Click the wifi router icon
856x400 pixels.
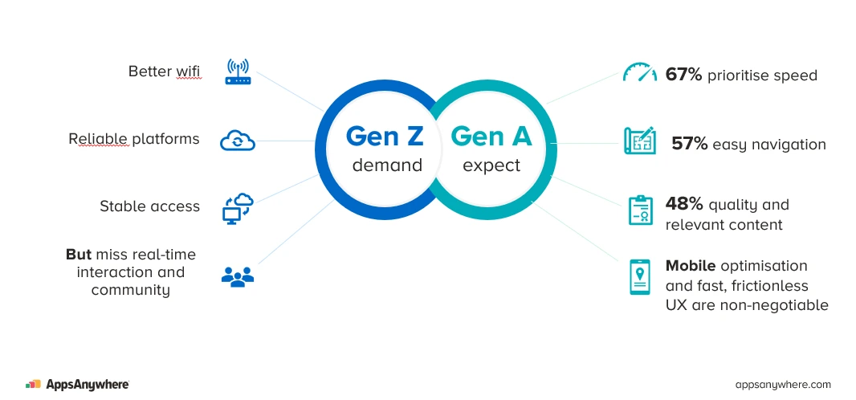238,72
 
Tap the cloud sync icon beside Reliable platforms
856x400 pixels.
238,141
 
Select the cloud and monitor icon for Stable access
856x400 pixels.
238,208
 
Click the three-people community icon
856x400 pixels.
237,277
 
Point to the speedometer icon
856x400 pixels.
640,73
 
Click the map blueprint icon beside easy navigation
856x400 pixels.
640,141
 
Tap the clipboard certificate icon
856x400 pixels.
640,210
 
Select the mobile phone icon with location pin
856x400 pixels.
640,277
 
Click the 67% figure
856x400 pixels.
683,76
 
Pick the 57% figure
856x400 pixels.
690,145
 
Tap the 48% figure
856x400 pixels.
683,204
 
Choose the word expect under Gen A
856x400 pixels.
491,166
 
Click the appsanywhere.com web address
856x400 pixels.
783,385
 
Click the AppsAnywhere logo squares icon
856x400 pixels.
33,385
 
